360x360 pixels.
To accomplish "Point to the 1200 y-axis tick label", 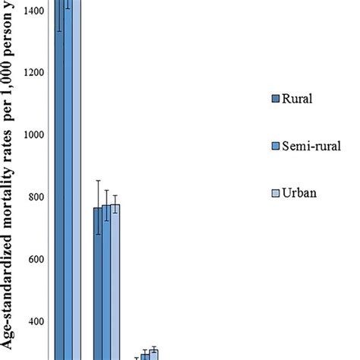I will pyautogui.click(x=34, y=73).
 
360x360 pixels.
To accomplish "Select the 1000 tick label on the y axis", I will pyautogui.click(x=34, y=135).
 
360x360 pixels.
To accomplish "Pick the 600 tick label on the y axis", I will pyautogui.click(x=38, y=260).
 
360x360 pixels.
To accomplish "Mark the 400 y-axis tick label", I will pyautogui.click(x=38, y=322).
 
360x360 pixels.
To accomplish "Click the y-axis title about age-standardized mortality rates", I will pyautogui.click(x=11, y=180).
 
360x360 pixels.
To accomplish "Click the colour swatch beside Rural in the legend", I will pyautogui.click(x=275, y=99).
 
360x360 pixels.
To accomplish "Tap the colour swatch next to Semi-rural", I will pyautogui.click(x=275, y=146).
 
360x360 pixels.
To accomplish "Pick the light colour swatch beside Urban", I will pyautogui.click(x=275, y=193).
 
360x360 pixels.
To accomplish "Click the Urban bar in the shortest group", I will pyautogui.click(x=154, y=355).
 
